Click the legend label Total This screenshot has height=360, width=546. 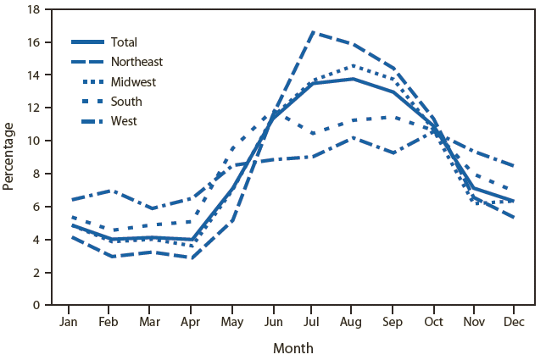point(124,42)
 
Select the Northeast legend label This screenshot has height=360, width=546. point(136,62)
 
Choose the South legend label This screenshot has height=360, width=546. point(126,102)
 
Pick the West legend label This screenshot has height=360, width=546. point(124,121)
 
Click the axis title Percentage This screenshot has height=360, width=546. point(9,156)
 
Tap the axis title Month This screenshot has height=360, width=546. point(292,347)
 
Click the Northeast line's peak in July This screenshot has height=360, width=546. point(313,32)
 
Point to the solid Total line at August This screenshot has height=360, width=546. point(354,79)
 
